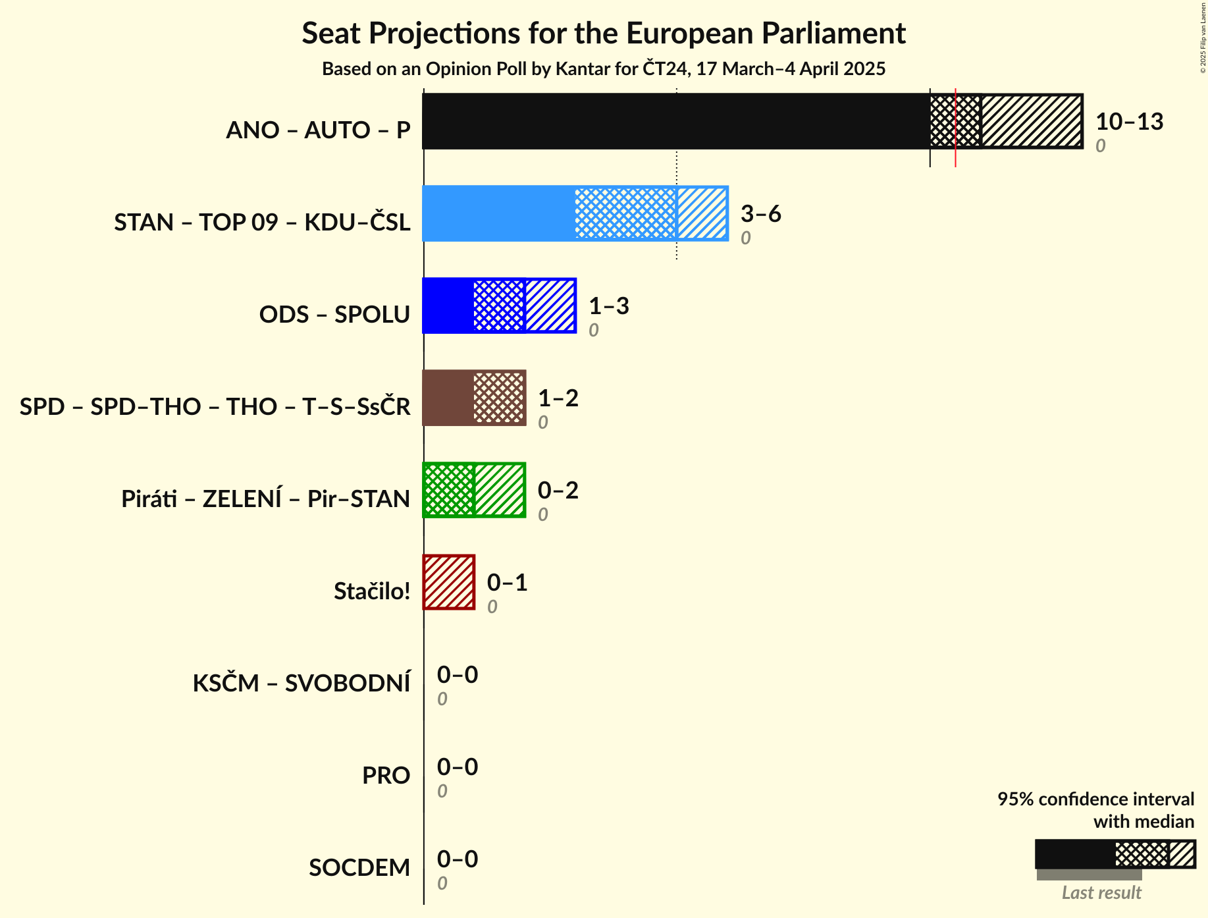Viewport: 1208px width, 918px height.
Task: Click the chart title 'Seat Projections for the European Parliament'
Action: click(604, 34)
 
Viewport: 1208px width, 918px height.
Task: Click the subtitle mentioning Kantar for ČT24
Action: click(604, 69)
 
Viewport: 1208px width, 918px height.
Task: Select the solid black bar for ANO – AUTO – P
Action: click(675, 121)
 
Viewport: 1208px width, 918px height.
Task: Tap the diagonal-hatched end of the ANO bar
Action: click(1032, 121)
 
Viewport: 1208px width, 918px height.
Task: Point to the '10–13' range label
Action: click(1129, 122)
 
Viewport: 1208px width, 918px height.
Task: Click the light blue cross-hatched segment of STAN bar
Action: click(625, 213)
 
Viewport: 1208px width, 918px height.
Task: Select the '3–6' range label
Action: click(760, 214)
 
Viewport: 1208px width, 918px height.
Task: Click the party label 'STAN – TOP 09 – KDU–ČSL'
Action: click(262, 223)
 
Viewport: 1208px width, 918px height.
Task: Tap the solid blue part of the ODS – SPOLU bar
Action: click(448, 306)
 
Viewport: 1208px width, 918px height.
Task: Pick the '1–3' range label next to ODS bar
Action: click(608, 306)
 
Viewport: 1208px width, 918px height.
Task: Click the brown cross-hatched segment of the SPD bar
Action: click(499, 398)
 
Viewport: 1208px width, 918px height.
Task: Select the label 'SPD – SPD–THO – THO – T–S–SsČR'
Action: click(215, 407)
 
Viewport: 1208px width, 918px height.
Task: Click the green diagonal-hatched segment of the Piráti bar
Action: click(499, 490)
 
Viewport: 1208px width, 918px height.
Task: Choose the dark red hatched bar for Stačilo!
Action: click(449, 582)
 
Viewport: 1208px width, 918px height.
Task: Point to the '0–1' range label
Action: click(507, 583)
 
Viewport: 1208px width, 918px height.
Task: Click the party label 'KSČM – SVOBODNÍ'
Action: click(301, 684)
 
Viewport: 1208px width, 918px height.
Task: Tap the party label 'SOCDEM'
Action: click(359, 868)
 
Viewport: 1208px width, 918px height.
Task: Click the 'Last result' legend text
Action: click(1101, 893)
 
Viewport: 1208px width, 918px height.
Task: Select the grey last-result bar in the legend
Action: click(1089, 875)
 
